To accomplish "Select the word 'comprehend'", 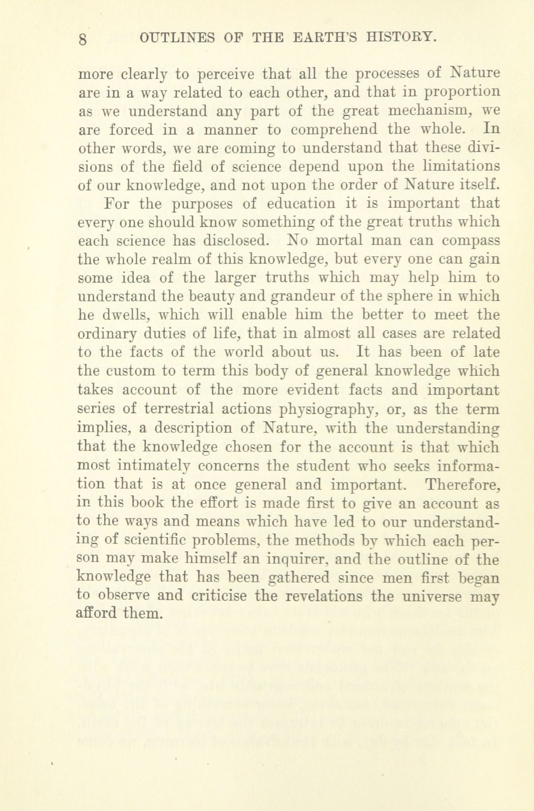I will tap(334, 130).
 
